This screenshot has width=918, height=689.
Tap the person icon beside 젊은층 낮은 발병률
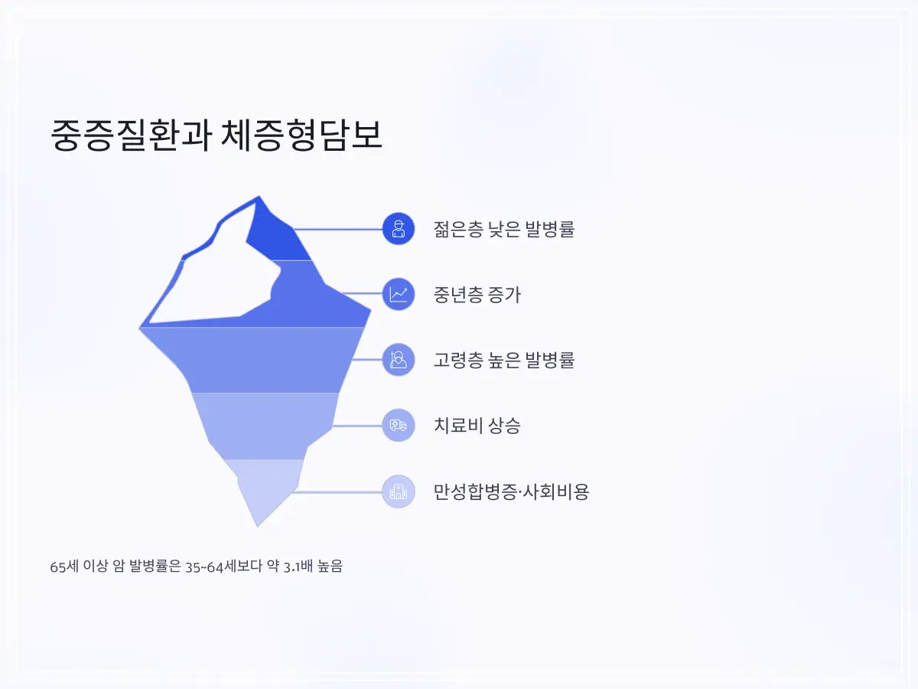pos(398,228)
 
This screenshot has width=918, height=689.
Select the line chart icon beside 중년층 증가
pos(398,294)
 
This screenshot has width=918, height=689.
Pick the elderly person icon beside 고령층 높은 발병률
pos(398,360)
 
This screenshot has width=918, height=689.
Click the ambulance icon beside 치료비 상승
pos(398,426)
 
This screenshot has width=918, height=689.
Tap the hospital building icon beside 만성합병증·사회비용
pos(398,491)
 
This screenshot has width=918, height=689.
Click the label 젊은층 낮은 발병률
pos(503,229)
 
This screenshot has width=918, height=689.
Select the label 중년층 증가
pos(477,295)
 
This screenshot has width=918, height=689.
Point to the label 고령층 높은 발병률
pos(503,360)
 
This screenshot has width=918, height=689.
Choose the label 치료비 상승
pos(477,426)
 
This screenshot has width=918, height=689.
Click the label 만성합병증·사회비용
pos(511,491)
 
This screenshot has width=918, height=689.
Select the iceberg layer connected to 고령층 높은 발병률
pos(260,360)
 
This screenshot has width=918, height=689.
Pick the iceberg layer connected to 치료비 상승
pos(264,426)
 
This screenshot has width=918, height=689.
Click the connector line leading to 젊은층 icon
pos(337,229)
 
